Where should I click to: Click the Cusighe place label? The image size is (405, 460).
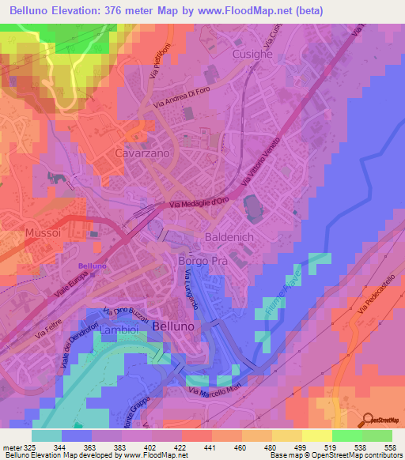pyautogui.click(x=253, y=54)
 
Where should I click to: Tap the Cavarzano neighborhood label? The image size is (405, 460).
pyautogui.click(x=143, y=153)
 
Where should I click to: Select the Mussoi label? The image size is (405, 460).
pyautogui.click(x=43, y=233)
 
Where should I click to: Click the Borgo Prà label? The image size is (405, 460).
pyautogui.click(x=202, y=261)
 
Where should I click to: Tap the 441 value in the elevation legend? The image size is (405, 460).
pyautogui.click(x=210, y=447)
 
